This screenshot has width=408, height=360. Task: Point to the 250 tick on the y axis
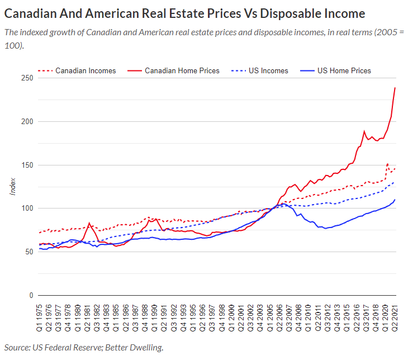pyautogui.click(x=26, y=78)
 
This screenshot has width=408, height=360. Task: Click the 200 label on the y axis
pyautogui.click(x=26, y=122)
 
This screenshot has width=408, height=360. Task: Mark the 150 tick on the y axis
pyautogui.click(x=26, y=165)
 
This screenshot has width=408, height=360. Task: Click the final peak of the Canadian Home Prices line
pyautogui.click(x=395, y=88)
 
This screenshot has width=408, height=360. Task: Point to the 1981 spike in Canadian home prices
pyautogui.click(x=89, y=223)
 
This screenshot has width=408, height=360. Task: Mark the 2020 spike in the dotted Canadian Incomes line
pyautogui.click(x=387, y=164)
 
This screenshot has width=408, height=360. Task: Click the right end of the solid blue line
pyautogui.click(x=395, y=200)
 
